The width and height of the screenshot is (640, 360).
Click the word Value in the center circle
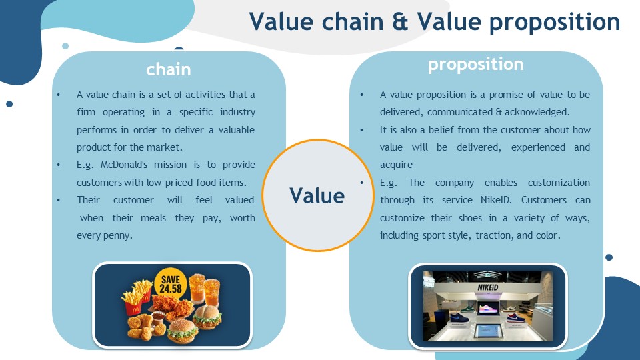coord(317,195)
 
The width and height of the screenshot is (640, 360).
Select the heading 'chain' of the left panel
coord(169,69)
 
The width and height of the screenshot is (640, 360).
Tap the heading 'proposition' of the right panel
coord(476,65)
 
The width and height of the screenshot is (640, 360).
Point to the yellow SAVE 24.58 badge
coord(171,284)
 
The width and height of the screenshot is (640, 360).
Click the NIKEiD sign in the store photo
coord(488,287)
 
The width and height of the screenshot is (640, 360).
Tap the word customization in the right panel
coord(559,183)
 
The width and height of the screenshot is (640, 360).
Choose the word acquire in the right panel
coord(396,165)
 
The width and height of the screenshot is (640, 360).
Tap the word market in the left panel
coord(164,147)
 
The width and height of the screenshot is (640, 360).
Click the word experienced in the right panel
coord(538,148)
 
